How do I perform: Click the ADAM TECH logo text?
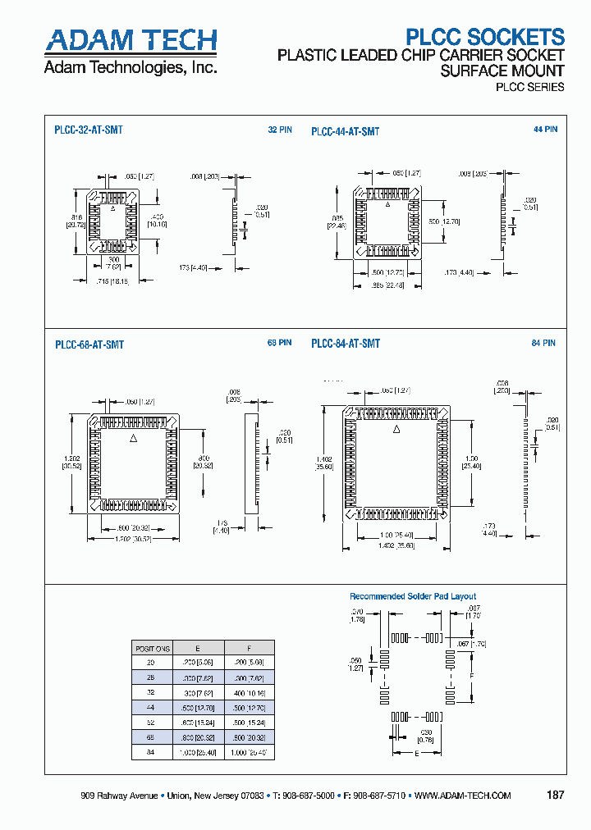[131, 41]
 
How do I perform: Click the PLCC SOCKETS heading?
[486, 37]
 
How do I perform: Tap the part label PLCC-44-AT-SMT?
[345, 131]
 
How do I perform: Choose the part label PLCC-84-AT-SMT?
[345, 344]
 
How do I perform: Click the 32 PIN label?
[279, 130]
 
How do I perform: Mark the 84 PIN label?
[543, 343]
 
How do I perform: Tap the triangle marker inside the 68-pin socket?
[135, 440]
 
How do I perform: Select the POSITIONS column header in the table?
[152, 647]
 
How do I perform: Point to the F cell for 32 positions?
[250, 691]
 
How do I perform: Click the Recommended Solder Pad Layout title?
[413, 596]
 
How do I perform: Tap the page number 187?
[554, 796]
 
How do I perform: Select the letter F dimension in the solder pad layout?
[470, 674]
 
